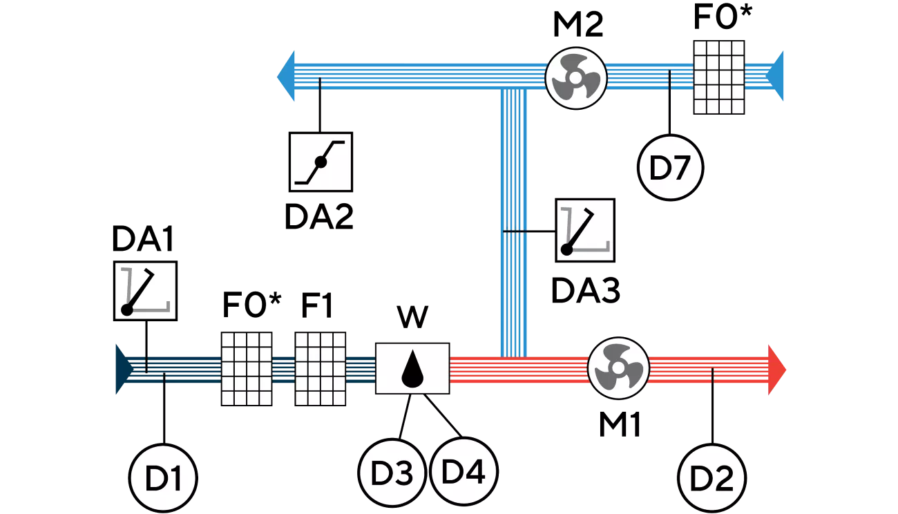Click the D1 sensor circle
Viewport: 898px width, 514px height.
pos(163,477)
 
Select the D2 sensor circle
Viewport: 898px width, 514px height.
pos(712,478)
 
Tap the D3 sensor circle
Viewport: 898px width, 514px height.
pos(392,473)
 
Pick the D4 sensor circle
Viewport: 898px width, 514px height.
pos(464,471)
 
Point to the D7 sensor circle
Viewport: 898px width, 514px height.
pos(670,168)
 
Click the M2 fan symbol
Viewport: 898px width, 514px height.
pos(576,78)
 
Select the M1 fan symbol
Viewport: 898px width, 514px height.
pos(618,368)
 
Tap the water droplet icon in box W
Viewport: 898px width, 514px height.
pos(412,369)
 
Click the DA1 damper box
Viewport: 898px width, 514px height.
pos(146,291)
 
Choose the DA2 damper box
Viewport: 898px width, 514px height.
pos(321,162)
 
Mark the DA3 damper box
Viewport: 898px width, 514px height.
pos(585,230)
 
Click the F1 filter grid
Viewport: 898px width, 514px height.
pos(321,369)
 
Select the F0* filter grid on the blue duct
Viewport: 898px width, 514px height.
pos(719,77)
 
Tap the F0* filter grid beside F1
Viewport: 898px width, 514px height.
pos(247,369)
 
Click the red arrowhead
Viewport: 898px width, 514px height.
pos(777,370)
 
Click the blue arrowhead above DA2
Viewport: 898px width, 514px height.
pos(286,76)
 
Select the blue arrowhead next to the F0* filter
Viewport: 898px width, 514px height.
pos(774,76)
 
